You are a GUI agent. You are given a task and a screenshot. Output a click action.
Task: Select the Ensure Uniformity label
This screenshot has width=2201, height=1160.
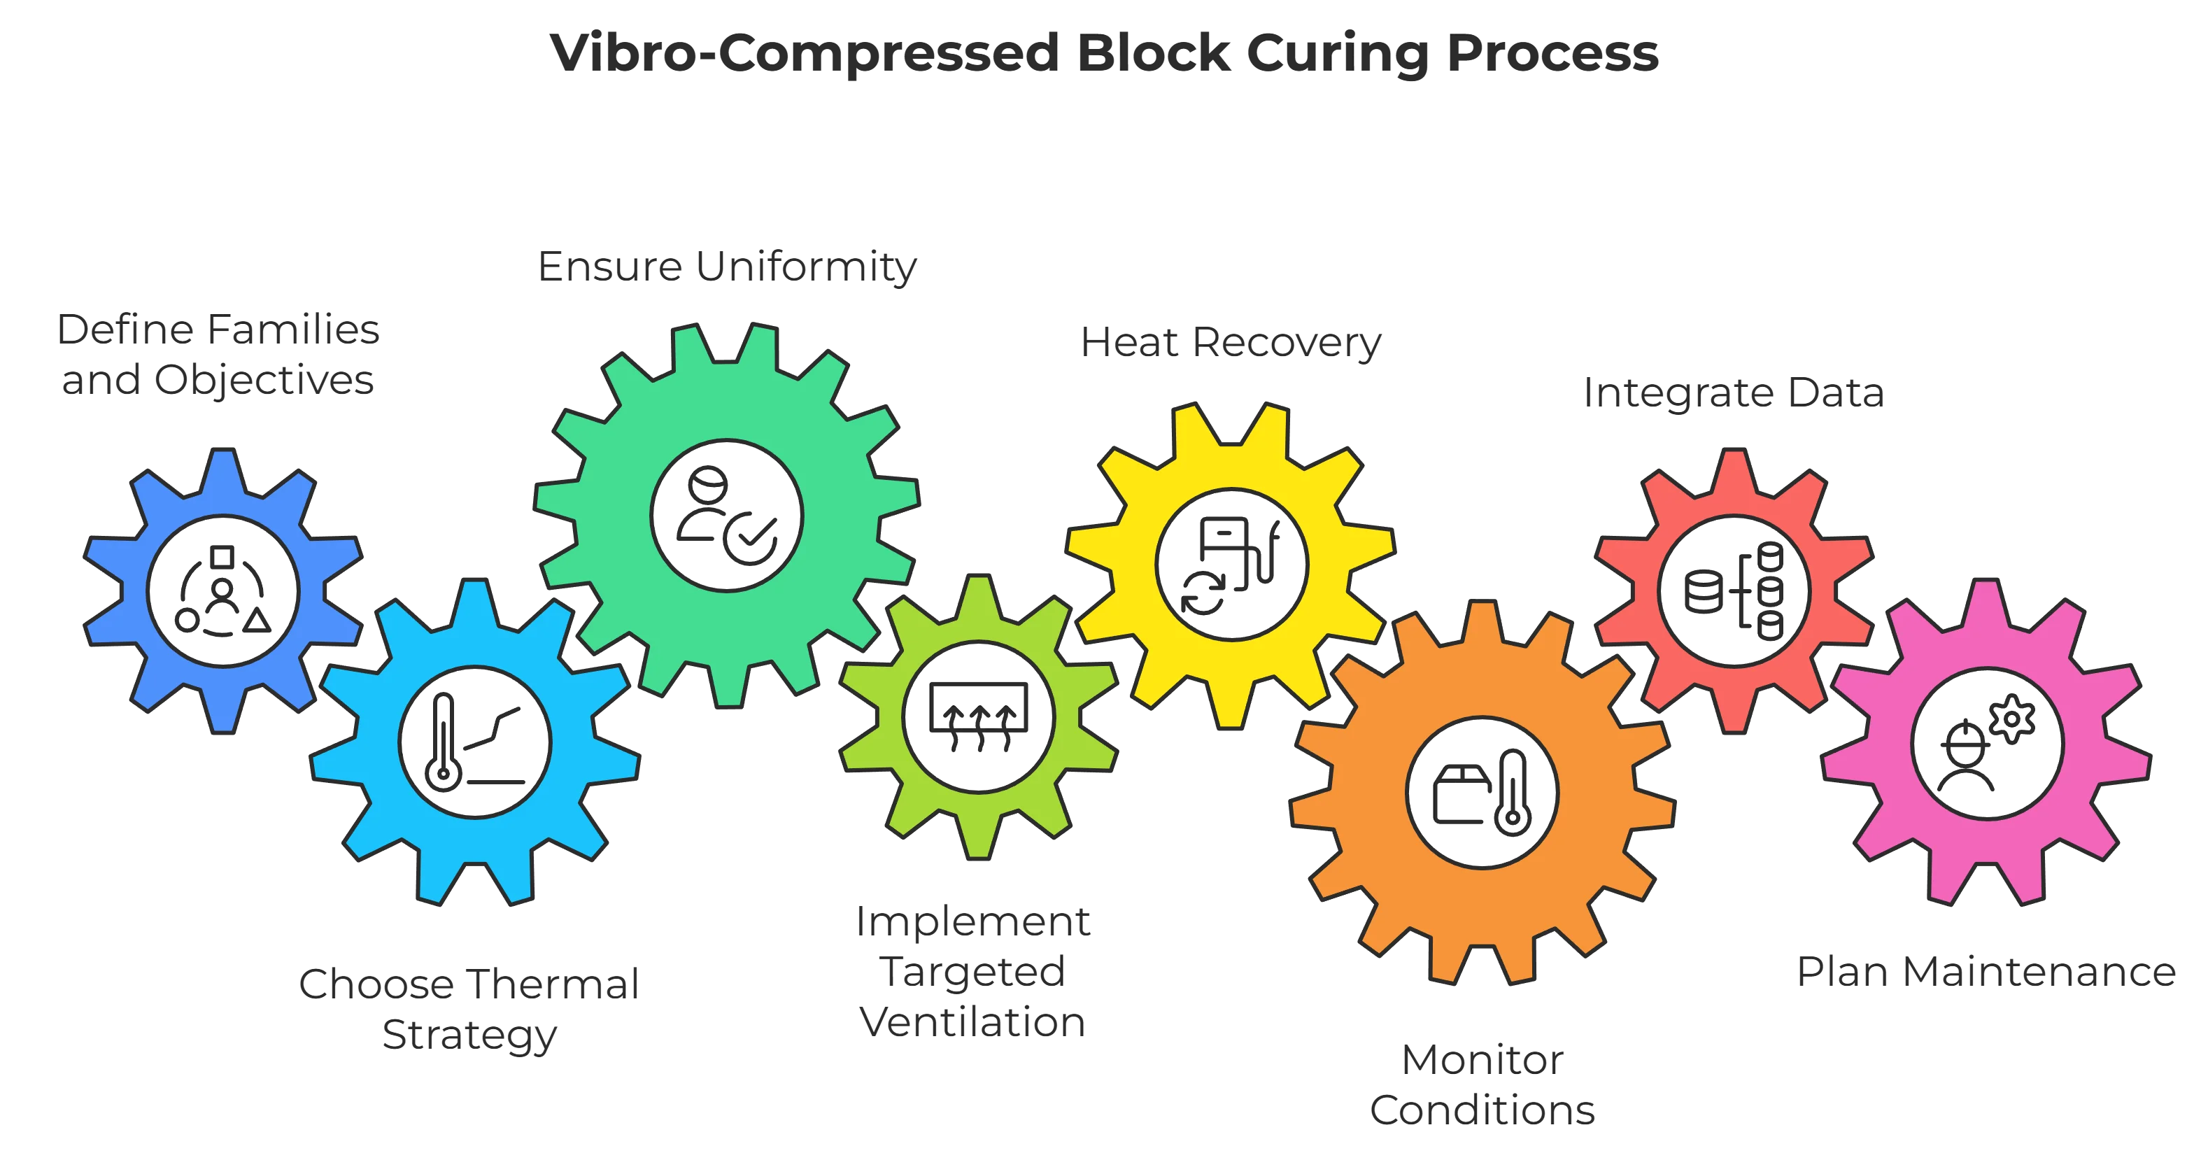click(x=726, y=267)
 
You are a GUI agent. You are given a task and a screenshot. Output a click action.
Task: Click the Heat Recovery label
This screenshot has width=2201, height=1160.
click(x=1231, y=343)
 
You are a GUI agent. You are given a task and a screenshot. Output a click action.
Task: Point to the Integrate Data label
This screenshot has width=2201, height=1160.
click(x=1734, y=394)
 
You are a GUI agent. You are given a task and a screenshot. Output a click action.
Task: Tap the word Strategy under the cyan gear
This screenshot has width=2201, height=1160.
click(x=468, y=1036)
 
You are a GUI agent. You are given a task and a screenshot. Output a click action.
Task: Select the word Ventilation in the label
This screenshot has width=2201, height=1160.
click(x=972, y=1024)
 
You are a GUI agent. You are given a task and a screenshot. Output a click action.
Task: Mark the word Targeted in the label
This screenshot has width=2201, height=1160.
click(x=972, y=973)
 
